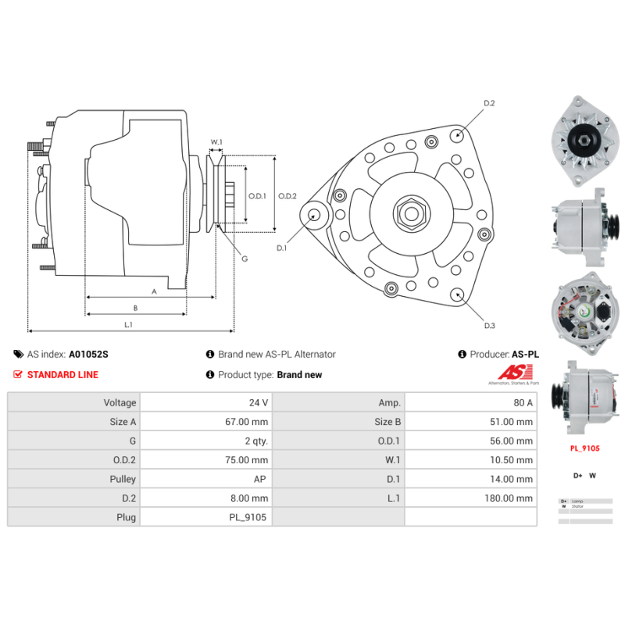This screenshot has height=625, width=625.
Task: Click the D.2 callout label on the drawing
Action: (x=490, y=103)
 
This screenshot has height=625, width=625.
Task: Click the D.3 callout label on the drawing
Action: (x=490, y=325)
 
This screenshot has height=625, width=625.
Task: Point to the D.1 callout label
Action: (x=282, y=248)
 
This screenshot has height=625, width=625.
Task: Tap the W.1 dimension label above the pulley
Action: (x=216, y=142)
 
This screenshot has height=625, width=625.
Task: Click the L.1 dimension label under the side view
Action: (x=128, y=324)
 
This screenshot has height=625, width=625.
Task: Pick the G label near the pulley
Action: (x=245, y=259)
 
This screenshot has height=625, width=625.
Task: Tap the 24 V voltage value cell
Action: (x=259, y=403)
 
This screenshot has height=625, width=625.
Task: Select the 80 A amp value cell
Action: (x=523, y=403)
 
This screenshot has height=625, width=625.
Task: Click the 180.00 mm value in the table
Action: (x=512, y=498)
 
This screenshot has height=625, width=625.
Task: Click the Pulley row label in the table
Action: (x=123, y=479)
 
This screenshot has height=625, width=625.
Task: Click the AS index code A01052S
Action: (x=89, y=354)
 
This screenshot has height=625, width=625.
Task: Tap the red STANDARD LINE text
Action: (x=62, y=374)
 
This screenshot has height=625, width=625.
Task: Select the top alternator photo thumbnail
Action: (x=581, y=141)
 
